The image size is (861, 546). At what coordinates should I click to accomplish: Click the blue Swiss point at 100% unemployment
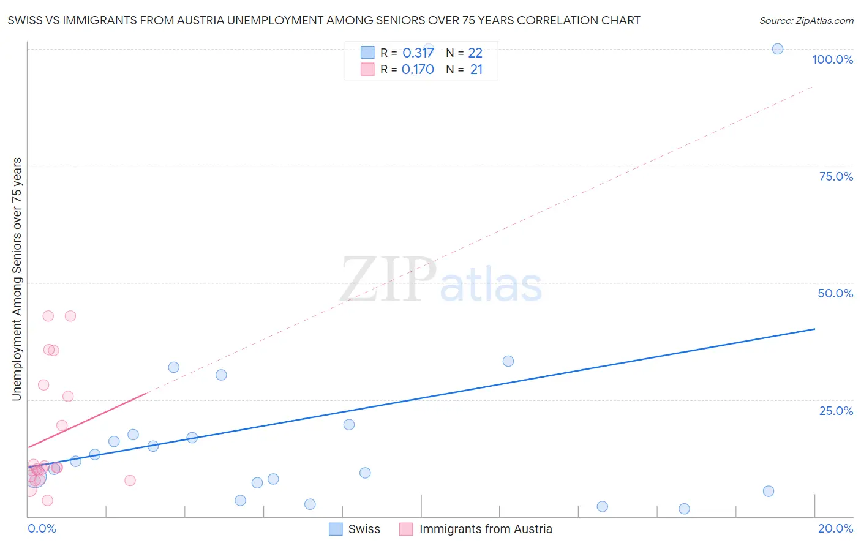[777, 49]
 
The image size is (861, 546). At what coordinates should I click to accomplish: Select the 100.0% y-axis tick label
[832, 59]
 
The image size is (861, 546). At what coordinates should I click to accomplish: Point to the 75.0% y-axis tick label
[836, 176]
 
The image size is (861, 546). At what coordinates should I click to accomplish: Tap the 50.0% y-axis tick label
[835, 293]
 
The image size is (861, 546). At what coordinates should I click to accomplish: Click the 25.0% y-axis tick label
[836, 410]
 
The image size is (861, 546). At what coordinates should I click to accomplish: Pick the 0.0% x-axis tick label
[42, 528]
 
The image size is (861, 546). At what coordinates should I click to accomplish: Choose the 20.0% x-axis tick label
[835, 528]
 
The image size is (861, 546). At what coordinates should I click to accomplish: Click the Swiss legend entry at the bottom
[364, 529]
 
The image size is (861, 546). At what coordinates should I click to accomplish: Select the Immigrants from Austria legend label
[485, 529]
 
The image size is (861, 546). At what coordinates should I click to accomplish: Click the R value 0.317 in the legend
[418, 53]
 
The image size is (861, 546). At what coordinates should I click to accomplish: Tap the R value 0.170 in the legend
[418, 69]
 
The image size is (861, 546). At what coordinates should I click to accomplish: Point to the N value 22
[475, 53]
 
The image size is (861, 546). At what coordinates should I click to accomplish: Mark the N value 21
[476, 69]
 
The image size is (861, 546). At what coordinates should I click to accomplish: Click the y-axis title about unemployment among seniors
[17, 279]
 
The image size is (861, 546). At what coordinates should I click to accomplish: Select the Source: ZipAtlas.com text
[806, 20]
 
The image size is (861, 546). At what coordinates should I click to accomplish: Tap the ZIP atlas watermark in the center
[441, 280]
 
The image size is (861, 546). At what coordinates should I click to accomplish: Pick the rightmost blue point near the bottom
[768, 491]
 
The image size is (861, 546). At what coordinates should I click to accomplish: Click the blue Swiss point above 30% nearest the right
[508, 361]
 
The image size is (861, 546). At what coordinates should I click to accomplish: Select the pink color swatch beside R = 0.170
[367, 69]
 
